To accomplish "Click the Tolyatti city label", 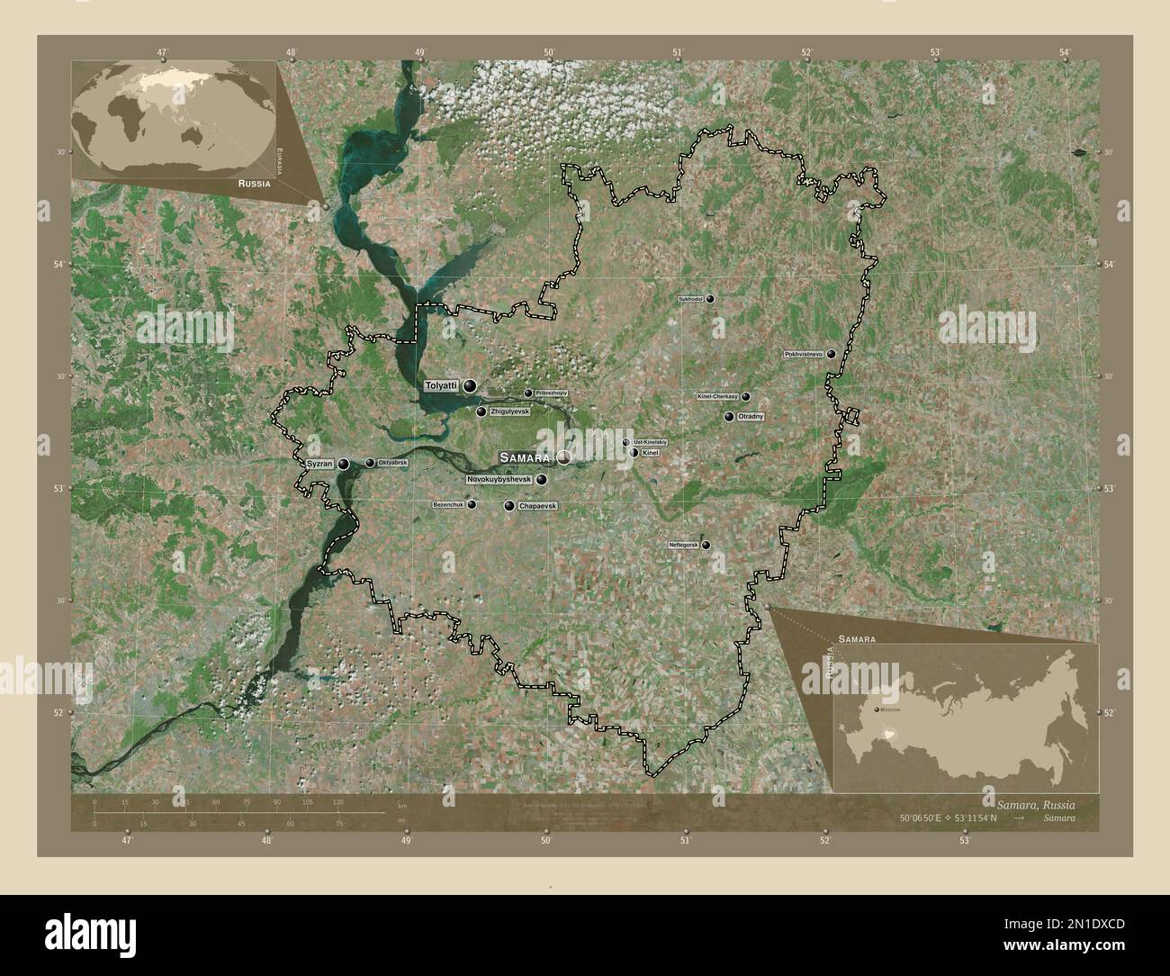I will [441, 385].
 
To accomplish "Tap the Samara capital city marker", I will [563, 457].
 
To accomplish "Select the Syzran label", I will [319, 464].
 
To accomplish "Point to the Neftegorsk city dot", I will [706, 546].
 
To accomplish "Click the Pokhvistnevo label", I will [805, 354].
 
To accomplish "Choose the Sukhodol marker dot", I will [710, 298].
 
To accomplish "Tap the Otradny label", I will [751, 417].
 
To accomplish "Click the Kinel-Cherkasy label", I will [717, 396].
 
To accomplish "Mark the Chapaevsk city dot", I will [509, 507].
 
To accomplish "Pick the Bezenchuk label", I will [448, 505].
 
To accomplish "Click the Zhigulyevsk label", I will [508, 411].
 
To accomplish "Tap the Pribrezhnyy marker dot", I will [528, 393].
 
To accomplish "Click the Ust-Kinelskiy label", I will [650, 442].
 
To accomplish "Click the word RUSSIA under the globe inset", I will [250, 182].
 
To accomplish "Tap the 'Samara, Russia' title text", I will [1034, 802].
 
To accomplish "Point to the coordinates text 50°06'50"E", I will [928, 818].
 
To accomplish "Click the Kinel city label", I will [651, 453].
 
